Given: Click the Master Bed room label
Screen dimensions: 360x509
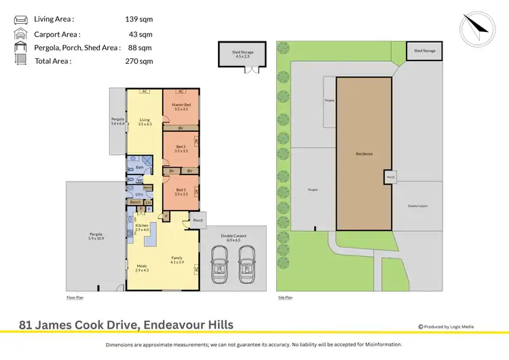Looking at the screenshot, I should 181,106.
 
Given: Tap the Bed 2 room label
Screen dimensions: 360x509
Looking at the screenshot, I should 181,148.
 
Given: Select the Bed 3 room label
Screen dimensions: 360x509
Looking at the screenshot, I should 181,192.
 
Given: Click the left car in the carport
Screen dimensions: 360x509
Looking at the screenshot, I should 219,264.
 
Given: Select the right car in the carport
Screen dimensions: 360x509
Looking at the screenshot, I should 248,264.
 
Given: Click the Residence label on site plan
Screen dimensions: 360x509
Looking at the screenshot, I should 364,154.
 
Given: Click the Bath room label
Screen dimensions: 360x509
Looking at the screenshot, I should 139,167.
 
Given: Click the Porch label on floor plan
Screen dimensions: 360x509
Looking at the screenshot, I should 198,220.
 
